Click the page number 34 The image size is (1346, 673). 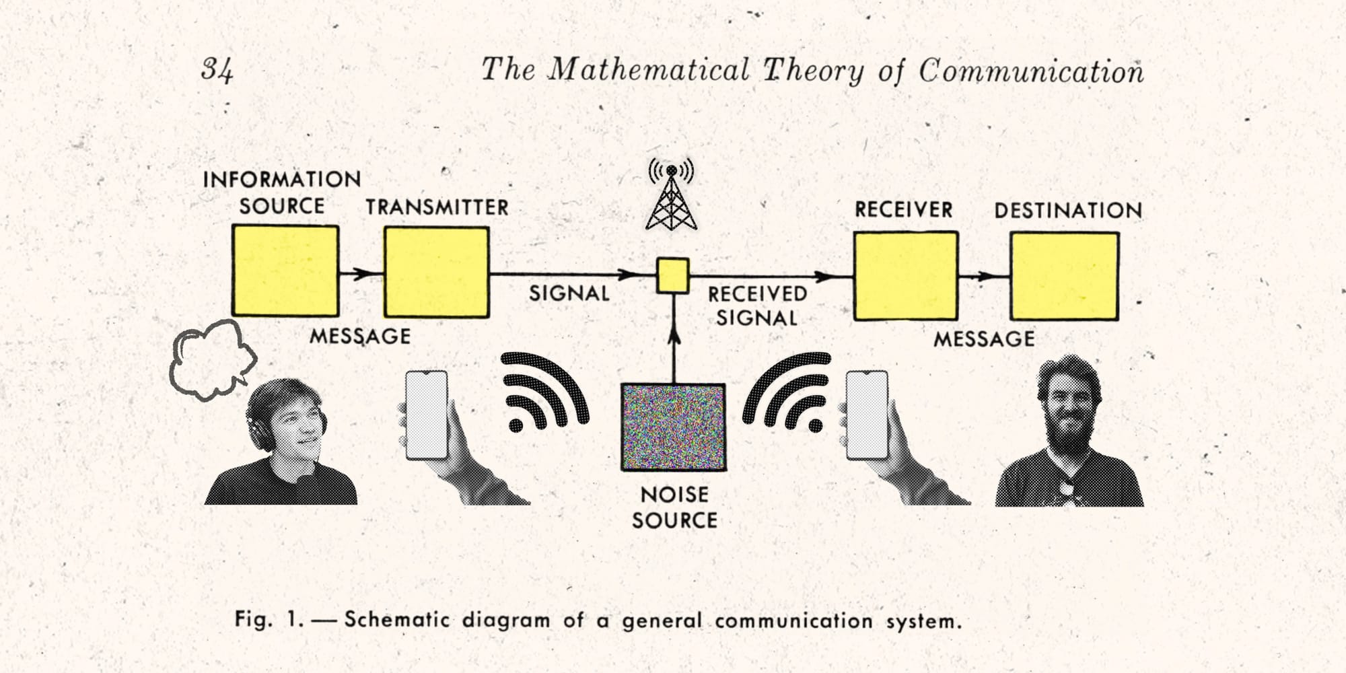(217, 70)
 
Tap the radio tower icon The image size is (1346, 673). (671, 195)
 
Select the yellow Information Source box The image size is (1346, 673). (285, 271)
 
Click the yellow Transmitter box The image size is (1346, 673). (436, 272)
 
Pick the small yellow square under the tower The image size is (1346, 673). (673, 276)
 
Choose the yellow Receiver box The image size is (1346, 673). (905, 276)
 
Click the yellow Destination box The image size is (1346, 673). (1064, 277)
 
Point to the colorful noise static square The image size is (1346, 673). (673, 427)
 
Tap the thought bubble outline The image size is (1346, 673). (211, 359)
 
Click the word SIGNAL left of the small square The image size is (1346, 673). (569, 293)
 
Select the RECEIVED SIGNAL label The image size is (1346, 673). (757, 306)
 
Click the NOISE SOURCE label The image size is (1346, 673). (674, 507)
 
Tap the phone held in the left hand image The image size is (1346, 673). (427, 415)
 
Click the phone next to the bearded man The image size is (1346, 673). (867, 415)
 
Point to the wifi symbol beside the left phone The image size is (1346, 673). (542, 394)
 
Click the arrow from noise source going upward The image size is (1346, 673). (674, 336)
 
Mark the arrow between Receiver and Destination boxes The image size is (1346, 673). (983, 276)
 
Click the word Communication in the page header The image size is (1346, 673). (1031, 71)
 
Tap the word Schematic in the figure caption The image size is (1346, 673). (396, 620)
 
